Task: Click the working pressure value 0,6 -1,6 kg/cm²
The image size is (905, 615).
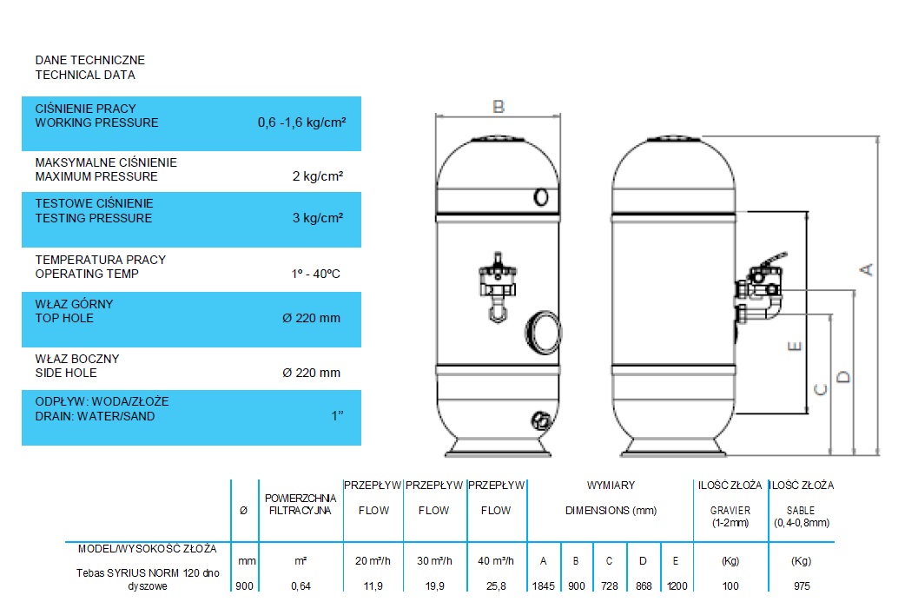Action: coord(302,122)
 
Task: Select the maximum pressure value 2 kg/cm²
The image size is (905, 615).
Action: coord(317,176)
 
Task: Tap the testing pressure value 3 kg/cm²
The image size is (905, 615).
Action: coord(317,218)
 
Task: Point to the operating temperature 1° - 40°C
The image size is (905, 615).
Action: coord(316,274)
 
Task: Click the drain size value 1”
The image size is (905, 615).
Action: coord(337,416)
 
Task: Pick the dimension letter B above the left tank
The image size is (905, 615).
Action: coord(498,107)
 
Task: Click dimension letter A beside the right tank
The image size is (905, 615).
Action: coord(866,269)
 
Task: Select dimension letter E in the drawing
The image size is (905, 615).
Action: coord(794,346)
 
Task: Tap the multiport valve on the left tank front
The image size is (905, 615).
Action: coord(498,287)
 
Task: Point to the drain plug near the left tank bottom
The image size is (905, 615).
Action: coord(541,420)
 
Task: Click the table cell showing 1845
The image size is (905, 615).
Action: coord(543,586)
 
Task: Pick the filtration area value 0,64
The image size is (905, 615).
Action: coord(301,586)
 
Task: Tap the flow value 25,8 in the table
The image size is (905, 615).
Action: coord(496,586)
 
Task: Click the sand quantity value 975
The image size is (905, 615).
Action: coord(802,586)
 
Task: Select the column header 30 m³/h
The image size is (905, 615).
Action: coord(434,561)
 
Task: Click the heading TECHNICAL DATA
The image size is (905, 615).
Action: coord(85,75)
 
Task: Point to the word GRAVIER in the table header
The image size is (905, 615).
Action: coord(730,511)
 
